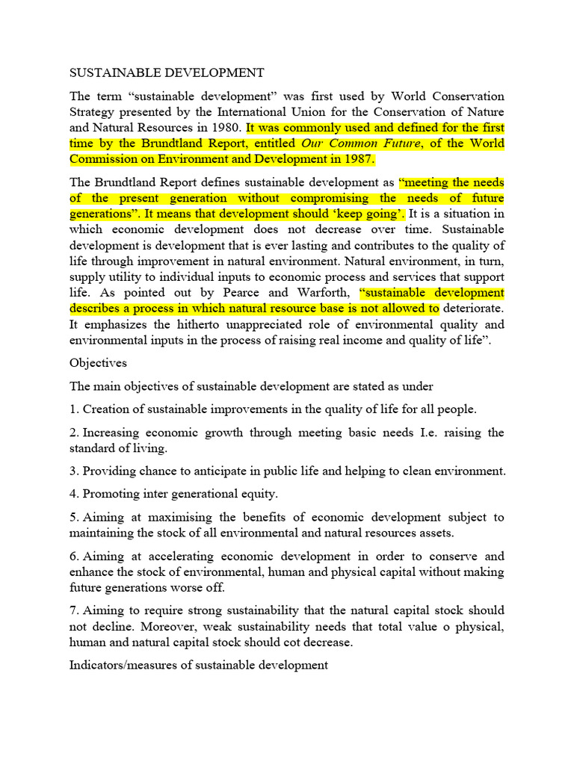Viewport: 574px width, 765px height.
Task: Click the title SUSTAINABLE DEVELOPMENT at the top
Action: click(x=167, y=72)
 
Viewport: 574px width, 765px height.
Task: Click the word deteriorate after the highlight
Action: click(x=473, y=309)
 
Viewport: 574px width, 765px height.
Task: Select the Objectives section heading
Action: click(x=98, y=363)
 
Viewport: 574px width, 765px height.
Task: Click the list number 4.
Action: click(x=73, y=494)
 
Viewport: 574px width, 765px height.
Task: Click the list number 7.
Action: click(x=73, y=611)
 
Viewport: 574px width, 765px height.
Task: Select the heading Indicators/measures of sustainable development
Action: click(x=198, y=665)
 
